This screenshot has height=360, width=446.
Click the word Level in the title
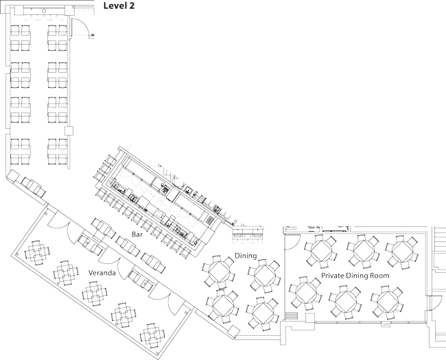point(115,5)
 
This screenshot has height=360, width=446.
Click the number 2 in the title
point(131,5)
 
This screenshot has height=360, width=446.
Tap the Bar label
point(138,235)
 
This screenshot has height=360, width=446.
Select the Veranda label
point(101,272)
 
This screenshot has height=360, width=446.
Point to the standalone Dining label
point(246,256)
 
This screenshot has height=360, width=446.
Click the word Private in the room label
point(333,275)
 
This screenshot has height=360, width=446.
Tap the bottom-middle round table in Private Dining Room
point(345,299)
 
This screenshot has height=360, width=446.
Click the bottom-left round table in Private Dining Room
point(305,293)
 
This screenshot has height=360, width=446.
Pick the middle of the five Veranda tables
point(95,293)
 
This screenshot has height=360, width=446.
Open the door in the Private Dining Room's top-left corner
point(293,241)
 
